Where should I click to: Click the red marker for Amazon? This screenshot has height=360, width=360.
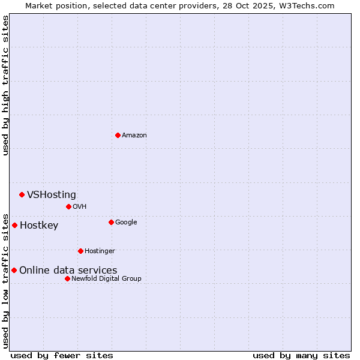coord(118,135)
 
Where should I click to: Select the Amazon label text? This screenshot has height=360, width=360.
coord(134,135)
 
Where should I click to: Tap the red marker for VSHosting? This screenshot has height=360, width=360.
coord(22,194)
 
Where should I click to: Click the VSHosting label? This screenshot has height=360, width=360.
coord(52,194)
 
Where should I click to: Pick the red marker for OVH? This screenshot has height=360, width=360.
coord(68,206)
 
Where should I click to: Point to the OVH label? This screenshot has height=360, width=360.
coord(80,206)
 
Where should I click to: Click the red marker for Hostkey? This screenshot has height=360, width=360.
coord(14,225)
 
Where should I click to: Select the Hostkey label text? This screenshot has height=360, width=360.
coord(39,226)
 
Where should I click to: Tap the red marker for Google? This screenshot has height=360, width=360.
coord(111,222)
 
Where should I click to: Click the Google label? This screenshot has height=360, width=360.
coord(126,222)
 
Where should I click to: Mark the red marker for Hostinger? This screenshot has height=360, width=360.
coord(80,251)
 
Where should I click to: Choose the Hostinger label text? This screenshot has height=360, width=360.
coord(100,251)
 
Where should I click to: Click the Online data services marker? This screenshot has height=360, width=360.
coord(14,270)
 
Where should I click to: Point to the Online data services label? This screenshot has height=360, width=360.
coord(68,271)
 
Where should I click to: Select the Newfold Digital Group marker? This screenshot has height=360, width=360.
coord(67,278)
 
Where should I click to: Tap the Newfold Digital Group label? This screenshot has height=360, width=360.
coord(107,278)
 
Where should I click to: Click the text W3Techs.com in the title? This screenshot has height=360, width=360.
coord(306,5)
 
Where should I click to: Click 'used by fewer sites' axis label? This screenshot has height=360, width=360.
coord(62,355)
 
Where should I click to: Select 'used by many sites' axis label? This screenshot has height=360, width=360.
coord(301,355)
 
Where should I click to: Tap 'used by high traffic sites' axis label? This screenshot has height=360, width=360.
coord(5,85)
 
